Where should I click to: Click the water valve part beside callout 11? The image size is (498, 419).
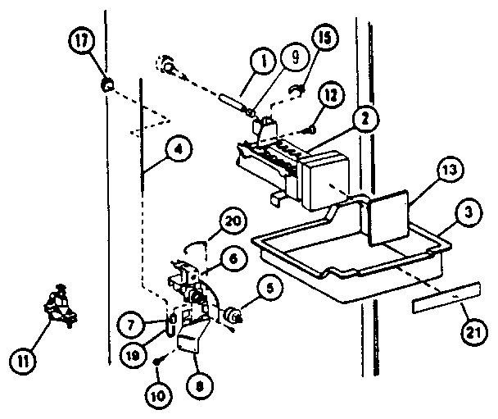(57, 307)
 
